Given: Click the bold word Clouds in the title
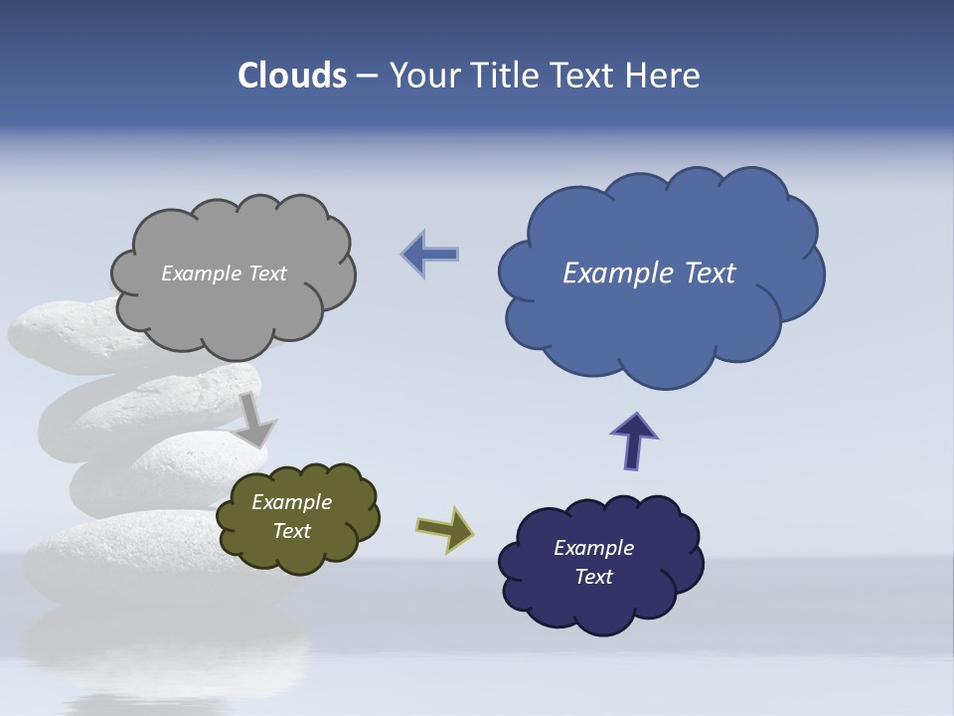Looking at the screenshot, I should (x=292, y=76).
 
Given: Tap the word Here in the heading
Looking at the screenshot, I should (x=663, y=76).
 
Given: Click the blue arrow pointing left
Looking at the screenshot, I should (x=429, y=254).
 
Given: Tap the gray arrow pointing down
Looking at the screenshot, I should (x=255, y=421).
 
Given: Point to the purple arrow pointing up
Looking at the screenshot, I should (x=634, y=441).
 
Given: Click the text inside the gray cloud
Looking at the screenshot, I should (x=224, y=273).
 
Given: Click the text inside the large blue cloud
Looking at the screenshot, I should (x=649, y=273).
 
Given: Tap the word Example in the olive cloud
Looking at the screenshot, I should (x=291, y=502).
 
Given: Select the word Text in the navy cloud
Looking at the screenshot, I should (x=593, y=577).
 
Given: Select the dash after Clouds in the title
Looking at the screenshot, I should (x=367, y=77).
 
